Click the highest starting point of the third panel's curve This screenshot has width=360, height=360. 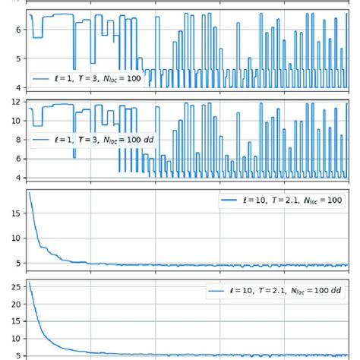point(29,193)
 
